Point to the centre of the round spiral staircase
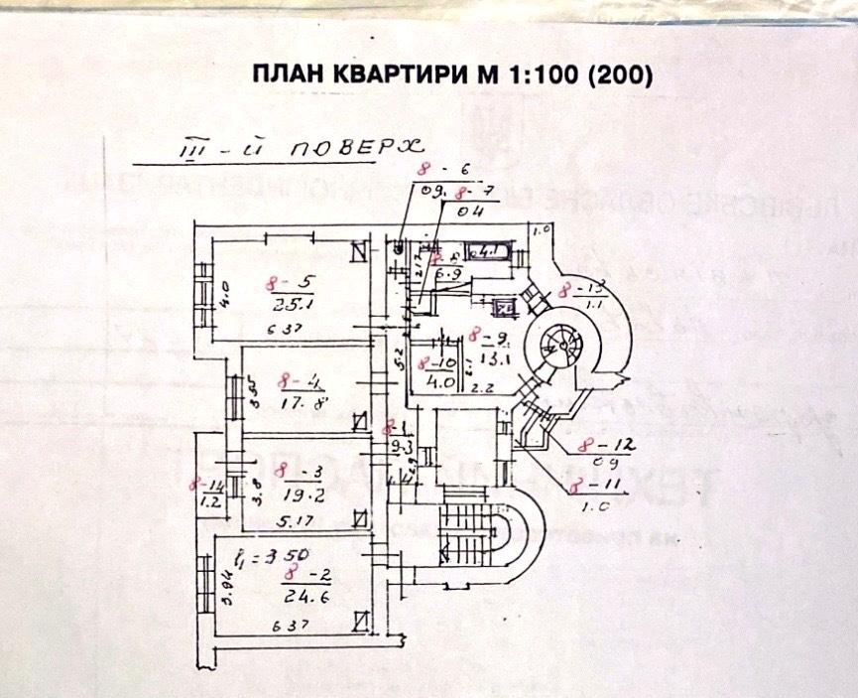point(552,348)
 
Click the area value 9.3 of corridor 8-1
point(401,448)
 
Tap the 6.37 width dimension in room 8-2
point(289,627)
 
